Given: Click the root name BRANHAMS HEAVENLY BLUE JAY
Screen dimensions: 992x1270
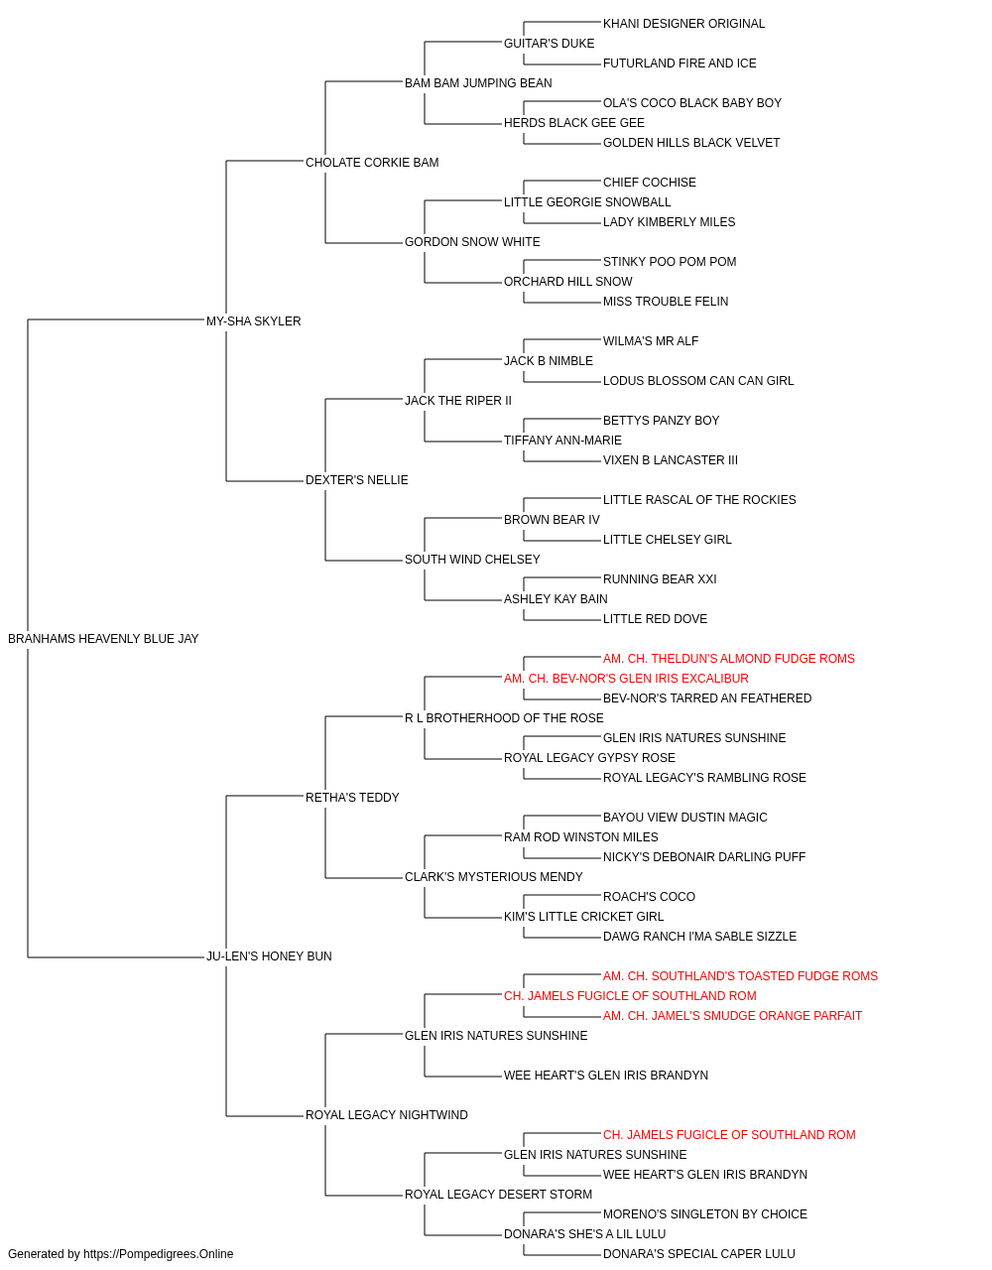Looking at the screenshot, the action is [x=103, y=639].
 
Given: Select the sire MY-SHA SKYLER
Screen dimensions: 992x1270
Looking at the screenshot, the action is [x=254, y=321].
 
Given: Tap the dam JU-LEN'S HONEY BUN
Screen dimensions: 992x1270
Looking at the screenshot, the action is [x=269, y=956].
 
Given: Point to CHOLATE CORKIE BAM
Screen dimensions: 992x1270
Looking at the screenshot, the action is [x=372, y=163].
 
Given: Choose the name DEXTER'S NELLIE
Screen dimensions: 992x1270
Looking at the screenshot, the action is [x=357, y=480].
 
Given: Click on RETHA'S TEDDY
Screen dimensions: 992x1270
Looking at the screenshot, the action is [x=352, y=798].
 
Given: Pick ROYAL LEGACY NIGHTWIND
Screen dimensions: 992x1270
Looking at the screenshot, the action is [x=387, y=1115].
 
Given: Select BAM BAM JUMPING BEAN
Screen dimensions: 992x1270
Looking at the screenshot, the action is [x=478, y=83].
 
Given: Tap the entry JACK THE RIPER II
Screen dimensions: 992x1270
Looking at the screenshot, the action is [x=458, y=401].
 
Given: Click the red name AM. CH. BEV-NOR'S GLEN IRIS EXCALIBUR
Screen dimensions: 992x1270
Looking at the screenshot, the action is [x=626, y=679].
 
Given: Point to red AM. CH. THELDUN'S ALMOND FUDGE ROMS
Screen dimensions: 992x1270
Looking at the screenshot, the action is [x=729, y=659].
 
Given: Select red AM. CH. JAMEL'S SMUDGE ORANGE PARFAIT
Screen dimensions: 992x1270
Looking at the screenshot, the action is [x=733, y=1016].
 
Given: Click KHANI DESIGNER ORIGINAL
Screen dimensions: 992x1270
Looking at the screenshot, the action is [x=684, y=24].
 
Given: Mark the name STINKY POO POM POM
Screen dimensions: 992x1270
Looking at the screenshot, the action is [x=671, y=262].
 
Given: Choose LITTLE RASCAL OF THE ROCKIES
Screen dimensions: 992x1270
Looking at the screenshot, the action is [x=700, y=500].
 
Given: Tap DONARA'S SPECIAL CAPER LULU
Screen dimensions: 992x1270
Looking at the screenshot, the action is [x=699, y=1254].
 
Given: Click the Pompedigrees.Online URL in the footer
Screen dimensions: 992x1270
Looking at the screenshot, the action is [x=159, y=1254].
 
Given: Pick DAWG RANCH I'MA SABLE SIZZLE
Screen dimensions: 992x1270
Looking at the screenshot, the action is [x=700, y=937].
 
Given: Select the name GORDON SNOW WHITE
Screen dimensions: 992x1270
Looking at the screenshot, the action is [x=472, y=242].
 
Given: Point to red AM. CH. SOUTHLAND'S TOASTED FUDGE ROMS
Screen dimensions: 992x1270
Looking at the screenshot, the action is [x=741, y=976].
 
